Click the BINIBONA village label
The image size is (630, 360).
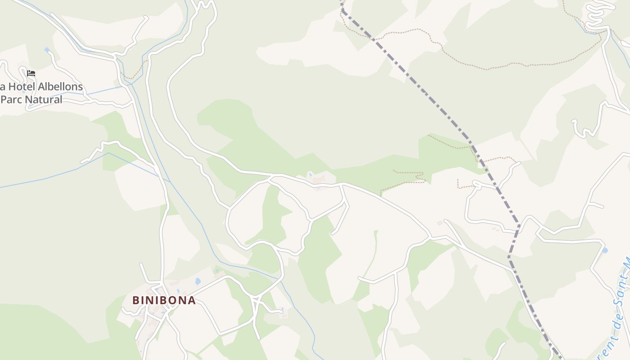click(x=164, y=300)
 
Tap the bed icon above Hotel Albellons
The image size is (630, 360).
click(x=31, y=73)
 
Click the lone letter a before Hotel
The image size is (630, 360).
click(x=2, y=86)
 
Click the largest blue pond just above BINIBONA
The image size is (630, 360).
click(x=198, y=282)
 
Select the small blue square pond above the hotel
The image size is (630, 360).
click(x=47, y=49)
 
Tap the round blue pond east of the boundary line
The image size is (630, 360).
click(x=604, y=250)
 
